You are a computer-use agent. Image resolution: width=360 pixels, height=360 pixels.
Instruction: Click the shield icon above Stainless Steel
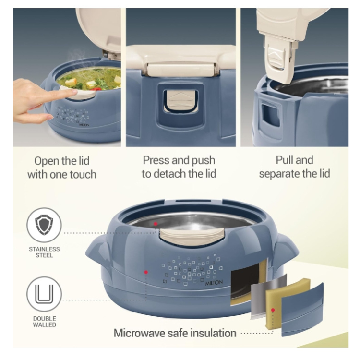tap(44, 225)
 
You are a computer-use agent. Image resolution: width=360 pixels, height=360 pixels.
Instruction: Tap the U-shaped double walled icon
tap(44, 294)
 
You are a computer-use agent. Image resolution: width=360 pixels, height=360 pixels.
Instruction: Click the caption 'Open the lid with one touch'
tap(62, 168)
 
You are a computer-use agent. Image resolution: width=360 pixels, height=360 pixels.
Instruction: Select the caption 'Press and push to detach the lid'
tap(179, 167)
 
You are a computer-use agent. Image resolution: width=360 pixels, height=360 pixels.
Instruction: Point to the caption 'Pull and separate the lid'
tap(295, 167)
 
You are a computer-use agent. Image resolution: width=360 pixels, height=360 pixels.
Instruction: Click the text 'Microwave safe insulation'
tap(175, 333)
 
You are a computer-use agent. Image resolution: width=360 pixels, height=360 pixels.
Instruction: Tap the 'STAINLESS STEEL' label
tap(44, 252)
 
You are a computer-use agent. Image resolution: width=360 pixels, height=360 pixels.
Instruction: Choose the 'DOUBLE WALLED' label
tap(44, 322)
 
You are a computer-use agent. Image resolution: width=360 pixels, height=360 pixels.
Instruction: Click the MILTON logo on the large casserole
tap(214, 283)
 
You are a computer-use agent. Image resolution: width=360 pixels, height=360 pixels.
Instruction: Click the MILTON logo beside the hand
tap(84, 125)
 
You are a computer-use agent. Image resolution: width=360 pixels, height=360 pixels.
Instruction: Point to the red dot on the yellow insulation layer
tap(273, 310)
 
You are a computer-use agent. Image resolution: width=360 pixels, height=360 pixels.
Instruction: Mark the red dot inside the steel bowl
tap(156, 224)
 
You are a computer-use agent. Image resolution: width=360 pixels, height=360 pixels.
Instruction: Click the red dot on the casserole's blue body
tap(146, 272)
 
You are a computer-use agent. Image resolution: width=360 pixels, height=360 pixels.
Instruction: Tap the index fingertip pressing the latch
tap(74, 92)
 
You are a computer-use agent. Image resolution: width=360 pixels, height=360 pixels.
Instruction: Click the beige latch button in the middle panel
tap(180, 100)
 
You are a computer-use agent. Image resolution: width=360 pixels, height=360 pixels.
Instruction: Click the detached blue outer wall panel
tap(302, 310)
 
